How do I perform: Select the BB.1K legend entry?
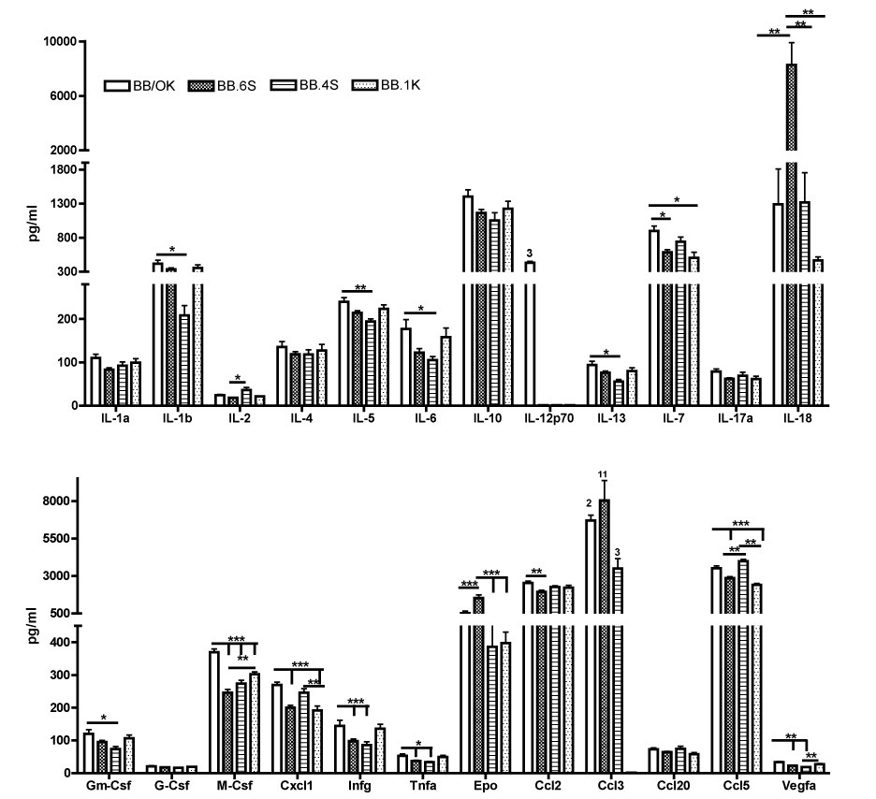click(x=385, y=85)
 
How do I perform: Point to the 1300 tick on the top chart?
click(x=61, y=203)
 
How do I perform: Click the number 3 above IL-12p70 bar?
click(x=530, y=254)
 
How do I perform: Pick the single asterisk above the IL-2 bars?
click(x=239, y=378)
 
